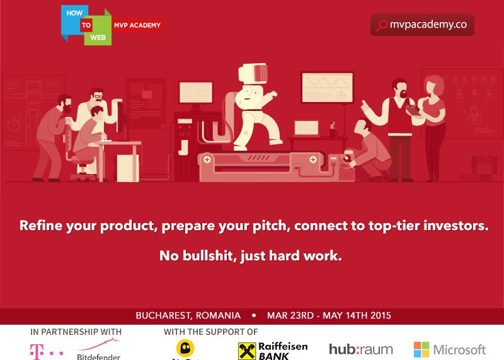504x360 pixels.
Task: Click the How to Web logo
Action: [86, 25]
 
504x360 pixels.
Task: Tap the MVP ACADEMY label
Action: [138, 25]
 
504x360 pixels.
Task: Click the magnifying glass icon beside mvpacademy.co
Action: [381, 25]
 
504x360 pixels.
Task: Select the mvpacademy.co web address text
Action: [428, 25]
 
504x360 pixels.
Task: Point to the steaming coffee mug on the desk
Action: [333, 132]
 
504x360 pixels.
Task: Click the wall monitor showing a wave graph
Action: [327, 88]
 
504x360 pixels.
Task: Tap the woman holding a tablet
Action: [433, 126]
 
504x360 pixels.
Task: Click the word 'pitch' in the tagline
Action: [266, 226]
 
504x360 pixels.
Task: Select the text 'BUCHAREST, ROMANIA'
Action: [188, 315]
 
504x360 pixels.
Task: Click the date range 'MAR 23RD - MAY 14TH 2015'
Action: [329, 315]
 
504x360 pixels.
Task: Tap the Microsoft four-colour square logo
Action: [421, 349]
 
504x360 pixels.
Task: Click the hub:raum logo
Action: [360, 349]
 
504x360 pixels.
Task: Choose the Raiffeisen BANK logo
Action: [264, 351]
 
